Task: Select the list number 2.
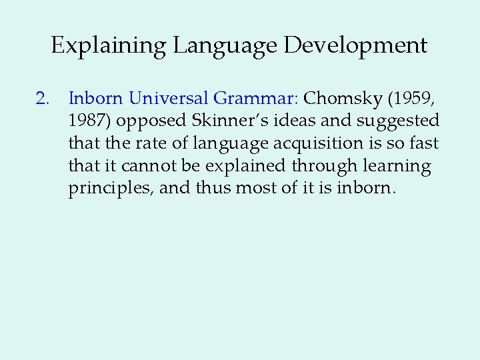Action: [x=43, y=99]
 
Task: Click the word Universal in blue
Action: [x=169, y=99]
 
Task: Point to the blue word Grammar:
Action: [x=256, y=99]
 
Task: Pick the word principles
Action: [x=109, y=189]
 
